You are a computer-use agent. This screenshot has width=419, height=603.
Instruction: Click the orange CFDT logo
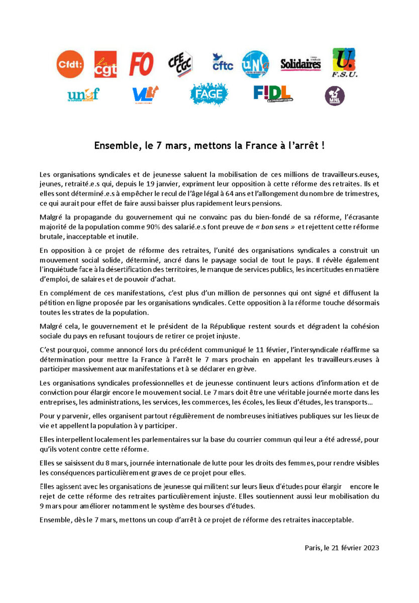[70, 64]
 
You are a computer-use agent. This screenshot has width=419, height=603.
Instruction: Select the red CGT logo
[106, 64]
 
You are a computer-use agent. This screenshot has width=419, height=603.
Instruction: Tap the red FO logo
[141, 64]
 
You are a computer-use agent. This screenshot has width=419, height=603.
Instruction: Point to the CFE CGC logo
[180, 64]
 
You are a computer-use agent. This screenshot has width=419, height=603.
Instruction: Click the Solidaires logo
[300, 64]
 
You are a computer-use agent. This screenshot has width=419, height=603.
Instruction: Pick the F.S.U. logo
[344, 63]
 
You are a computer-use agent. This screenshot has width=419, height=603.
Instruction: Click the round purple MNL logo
[334, 95]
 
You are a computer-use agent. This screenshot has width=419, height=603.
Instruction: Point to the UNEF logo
[83, 94]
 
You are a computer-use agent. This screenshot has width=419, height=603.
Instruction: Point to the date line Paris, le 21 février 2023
[342, 547]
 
